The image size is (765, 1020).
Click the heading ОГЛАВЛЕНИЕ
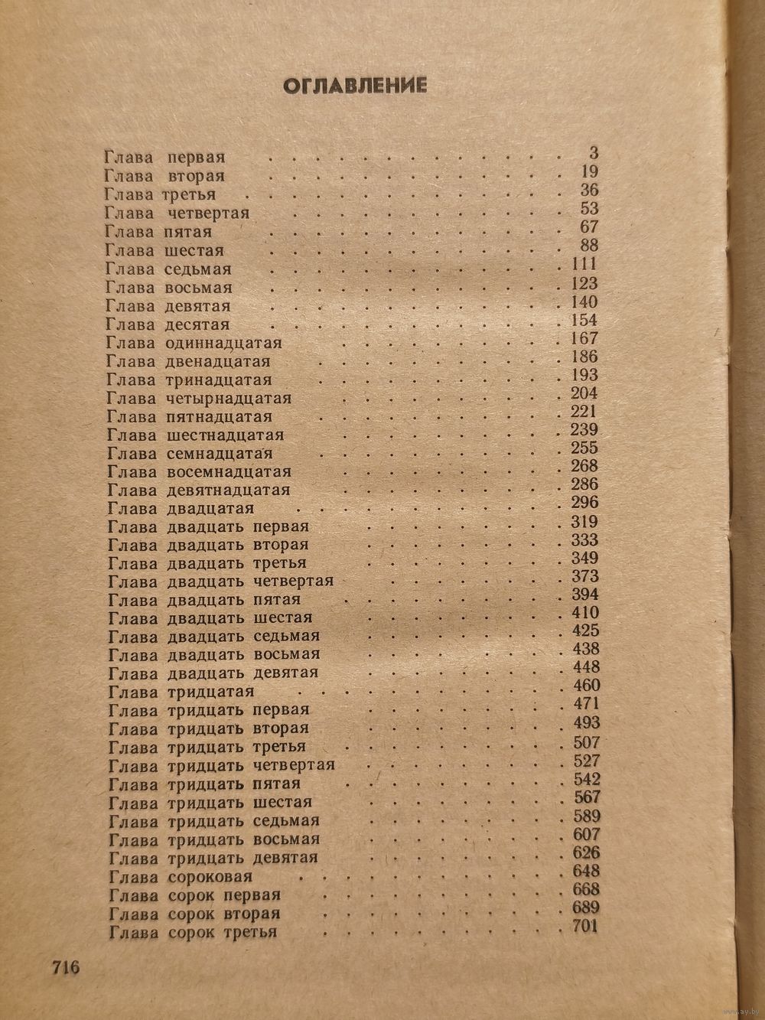(354, 86)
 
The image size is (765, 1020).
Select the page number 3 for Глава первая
(594, 154)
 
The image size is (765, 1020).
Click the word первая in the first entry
(195, 157)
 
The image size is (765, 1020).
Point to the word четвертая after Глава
(207, 213)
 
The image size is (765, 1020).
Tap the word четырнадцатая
(228, 399)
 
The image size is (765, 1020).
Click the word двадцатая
(209, 509)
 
